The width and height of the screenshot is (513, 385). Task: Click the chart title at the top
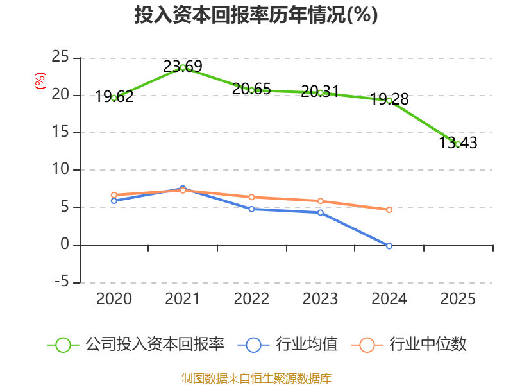click(x=256, y=15)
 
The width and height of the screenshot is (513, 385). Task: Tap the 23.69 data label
click(x=183, y=67)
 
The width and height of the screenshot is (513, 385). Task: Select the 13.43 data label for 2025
click(x=458, y=142)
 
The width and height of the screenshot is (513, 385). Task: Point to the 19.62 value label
click(x=114, y=97)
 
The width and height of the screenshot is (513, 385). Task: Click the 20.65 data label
click(x=251, y=89)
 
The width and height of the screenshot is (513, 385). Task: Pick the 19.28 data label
click(x=389, y=99)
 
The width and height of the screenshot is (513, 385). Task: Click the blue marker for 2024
click(x=389, y=246)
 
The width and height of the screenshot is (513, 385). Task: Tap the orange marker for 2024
click(x=389, y=210)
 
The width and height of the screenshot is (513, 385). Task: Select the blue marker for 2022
click(x=251, y=209)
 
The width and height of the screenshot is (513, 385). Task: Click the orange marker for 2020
click(x=114, y=195)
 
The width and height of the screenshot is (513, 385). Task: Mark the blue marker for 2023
click(x=320, y=213)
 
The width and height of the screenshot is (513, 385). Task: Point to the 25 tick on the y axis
click(x=60, y=57)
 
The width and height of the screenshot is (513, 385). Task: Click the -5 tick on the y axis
click(x=62, y=282)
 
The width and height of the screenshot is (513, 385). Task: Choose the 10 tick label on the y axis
click(x=60, y=169)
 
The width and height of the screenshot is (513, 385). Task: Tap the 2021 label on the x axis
click(x=183, y=298)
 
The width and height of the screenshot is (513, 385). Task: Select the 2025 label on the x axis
click(x=458, y=298)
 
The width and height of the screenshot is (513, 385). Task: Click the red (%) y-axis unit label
click(x=40, y=81)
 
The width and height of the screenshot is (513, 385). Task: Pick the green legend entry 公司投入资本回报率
click(x=136, y=345)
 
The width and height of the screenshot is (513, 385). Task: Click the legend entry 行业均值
click(x=287, y=345)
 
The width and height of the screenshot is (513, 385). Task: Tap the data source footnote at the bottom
click(x=256, y=379)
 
